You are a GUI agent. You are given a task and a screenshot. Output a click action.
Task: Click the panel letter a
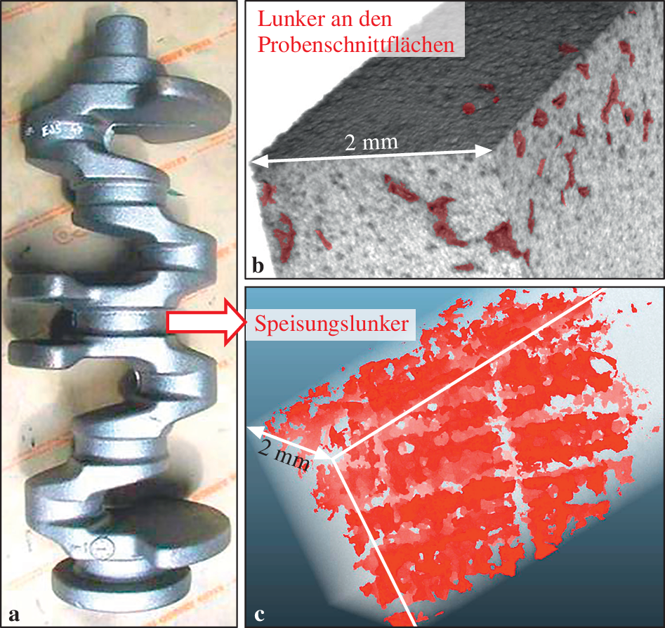click(14, 614)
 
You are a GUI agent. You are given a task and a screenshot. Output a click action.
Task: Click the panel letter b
click(258, 266)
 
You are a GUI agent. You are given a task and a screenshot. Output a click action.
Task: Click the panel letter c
click(259, 614)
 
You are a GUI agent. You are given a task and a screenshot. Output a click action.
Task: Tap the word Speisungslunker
click(331, 324)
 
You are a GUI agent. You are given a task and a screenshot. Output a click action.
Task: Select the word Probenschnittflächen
click(356, 44)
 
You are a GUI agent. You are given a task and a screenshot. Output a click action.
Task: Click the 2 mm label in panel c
click(283, 454)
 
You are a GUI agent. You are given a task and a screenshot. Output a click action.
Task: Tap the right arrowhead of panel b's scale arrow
click(488, 150)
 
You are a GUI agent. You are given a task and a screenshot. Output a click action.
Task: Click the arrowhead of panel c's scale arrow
click(254, 431)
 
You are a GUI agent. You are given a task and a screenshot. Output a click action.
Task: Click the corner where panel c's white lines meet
click(332, 459)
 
